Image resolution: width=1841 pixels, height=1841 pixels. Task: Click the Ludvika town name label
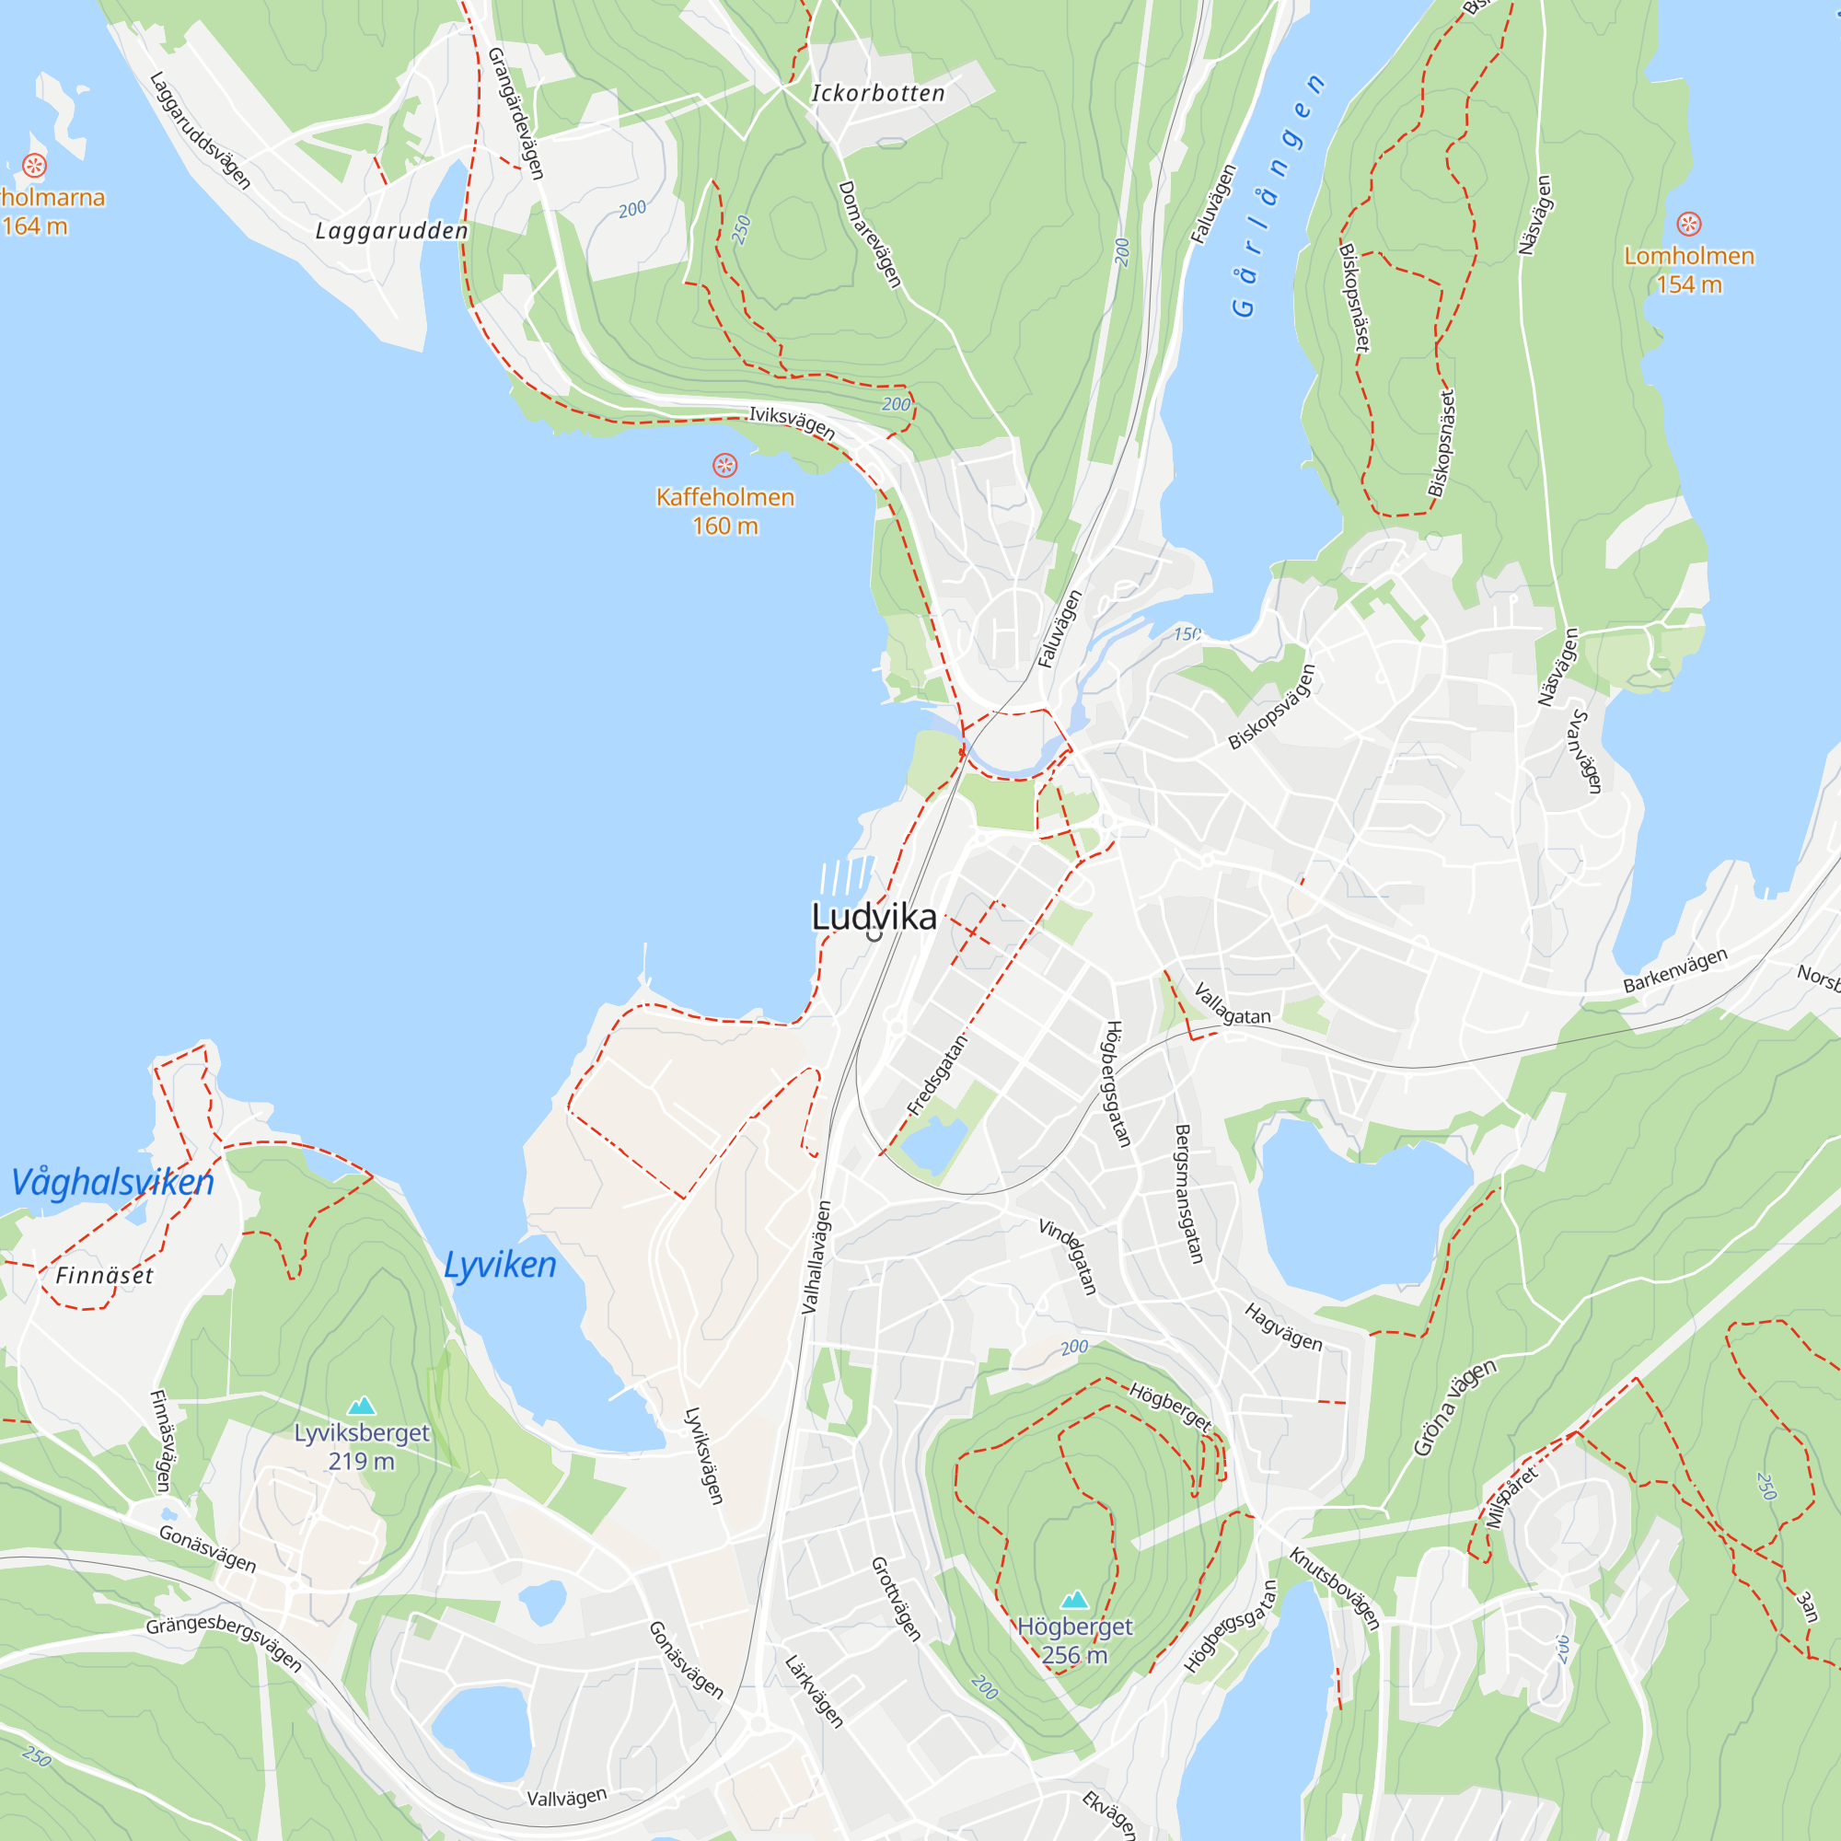[x=874, y=917]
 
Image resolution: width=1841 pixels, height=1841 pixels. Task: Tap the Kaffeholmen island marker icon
[x=725, y=465]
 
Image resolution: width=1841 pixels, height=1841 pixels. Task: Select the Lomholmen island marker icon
[x=1688, y=224]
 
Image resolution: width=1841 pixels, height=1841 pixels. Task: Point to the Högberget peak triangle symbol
[x=1075, y=1598]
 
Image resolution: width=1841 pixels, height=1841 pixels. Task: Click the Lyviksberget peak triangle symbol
[x=361, y=1405]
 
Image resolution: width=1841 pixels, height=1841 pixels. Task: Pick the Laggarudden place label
[x=391, y=232]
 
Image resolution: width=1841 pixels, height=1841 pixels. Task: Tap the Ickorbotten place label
[x=877, y=93]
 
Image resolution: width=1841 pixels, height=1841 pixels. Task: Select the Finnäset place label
[x=104, y=1275]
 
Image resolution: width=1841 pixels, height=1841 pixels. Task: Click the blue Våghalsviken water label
[x=112, y=1182]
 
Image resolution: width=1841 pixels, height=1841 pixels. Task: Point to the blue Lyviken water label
[x=500, y=1265]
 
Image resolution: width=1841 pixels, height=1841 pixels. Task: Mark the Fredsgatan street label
[x=937, y=1075]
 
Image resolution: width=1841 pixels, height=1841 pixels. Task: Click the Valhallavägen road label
[x=816, y=1256]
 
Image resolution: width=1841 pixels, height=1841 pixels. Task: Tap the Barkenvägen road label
[x=1675, y=970]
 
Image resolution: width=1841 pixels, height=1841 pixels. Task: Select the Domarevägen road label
[x=869, y=235]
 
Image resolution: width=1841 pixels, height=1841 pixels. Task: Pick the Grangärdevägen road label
[x=515, y=113]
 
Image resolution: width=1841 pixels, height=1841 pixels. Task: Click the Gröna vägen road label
[x=1454, y=1407]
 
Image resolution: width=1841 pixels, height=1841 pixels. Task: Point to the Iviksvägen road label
[x=792, y=423]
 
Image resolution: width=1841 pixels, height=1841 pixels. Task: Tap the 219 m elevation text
[x=361, y=1461]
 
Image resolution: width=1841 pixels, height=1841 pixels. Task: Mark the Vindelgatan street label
[x=1067, y=1256]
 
